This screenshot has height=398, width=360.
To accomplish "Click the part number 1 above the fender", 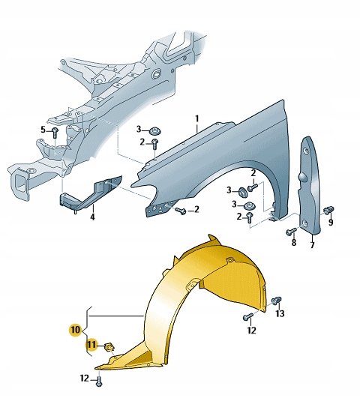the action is [x=197, y=118].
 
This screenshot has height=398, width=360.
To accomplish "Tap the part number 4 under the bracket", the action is [x=92, y=217].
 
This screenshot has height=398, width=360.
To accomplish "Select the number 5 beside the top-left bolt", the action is [x=43, y=130].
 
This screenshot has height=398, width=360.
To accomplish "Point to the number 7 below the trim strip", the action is [x=312, y=244].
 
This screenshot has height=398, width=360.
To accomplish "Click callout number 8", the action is [x=294, y=243].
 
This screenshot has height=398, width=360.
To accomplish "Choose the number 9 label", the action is [x=331, y=222].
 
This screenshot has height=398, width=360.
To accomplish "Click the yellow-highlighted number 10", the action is [x=76, y=330].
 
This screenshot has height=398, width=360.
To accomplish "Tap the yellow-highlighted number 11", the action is [x=91, y=345].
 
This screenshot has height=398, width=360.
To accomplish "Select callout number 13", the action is [x=280, y=314].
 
